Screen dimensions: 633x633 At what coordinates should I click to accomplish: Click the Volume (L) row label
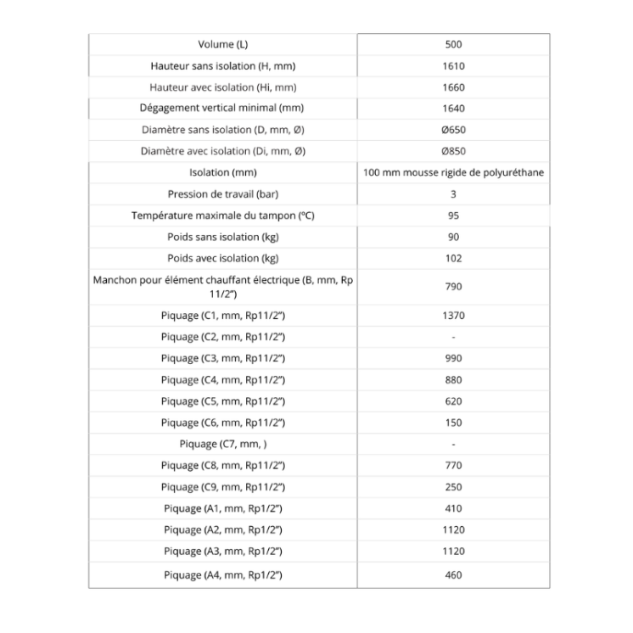[x=222, y=44]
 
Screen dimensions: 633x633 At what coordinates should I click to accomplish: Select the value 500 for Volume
[x=453, y=44]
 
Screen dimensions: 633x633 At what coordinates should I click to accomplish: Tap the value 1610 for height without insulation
[x=453, y=66]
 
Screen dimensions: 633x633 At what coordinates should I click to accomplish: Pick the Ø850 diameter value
[x=453, y=151]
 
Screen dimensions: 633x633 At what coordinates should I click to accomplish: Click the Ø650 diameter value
[x=453, y=130]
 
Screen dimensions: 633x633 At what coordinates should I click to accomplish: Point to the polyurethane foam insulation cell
[x=453, y=172]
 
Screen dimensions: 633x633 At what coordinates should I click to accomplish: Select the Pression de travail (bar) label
[x=222, y=194]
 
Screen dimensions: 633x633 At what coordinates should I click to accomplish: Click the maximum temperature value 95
[x=453, y=216]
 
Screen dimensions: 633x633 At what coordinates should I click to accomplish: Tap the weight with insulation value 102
[x=453, y=258]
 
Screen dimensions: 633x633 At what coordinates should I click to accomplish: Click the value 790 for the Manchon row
[x=453, y=287]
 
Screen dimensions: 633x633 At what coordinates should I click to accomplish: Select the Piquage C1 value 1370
[x=453, y=316]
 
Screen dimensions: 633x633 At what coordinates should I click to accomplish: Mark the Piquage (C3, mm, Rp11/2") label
[x=222, y=359]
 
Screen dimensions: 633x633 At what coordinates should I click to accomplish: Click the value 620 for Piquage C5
[x=453, y=401]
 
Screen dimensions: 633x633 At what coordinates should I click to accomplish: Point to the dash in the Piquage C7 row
[x=453, y=445]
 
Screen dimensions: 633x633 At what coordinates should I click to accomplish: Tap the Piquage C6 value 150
[x=453, y=423]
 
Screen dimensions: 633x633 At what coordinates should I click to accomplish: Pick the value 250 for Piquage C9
[x=453, y=487]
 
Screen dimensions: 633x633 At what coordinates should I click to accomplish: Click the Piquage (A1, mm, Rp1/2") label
[x=222, y=508]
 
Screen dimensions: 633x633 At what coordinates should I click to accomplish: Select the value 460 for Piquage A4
[x=453, y=574]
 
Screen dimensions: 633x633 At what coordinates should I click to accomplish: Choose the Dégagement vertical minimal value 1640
[x=453, y=109]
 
